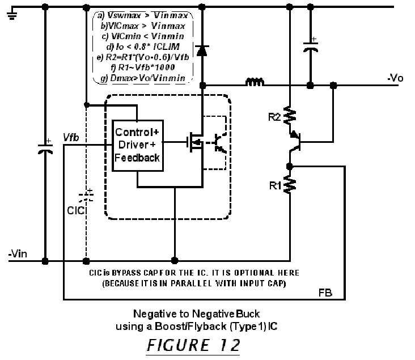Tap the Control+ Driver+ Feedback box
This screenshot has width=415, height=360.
click(x=137, y=145)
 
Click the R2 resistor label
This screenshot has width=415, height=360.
click(x=274, y=117)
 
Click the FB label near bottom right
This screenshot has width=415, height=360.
click(x=325, y=293)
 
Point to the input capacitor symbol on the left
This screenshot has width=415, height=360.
click(x=45, y=150)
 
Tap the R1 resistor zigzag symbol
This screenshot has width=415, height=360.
click(x=289, y=184)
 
